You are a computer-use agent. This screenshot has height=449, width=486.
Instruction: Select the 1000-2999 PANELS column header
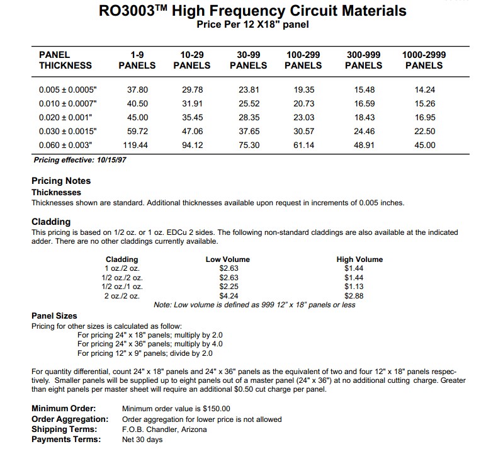(424, 60)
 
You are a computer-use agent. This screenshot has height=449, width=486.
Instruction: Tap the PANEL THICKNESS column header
(65, 60)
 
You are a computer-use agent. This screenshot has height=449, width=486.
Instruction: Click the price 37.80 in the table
(138, 89)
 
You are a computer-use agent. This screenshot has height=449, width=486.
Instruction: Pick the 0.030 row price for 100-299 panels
(304, 131)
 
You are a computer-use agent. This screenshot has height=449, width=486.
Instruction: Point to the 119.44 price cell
(138, 145)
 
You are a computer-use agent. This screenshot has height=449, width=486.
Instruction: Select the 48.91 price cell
(364, 145)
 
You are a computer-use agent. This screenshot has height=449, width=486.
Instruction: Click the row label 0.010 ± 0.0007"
(68, 103)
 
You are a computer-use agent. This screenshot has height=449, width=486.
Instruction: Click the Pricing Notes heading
(61, 181)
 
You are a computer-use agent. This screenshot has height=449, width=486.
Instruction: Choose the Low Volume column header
(227, 259)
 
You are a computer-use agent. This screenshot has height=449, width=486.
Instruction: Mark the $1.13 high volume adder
(355, 287)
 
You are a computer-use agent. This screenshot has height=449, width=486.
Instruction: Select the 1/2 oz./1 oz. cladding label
(122, 287)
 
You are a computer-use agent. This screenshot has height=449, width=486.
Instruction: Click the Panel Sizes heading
(55, 315)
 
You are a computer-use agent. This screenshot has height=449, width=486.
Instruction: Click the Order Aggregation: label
(70, 419)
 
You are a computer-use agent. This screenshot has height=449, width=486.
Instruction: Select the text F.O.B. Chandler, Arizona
(164, 429)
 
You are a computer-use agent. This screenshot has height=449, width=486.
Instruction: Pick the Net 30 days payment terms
(142, 440)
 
